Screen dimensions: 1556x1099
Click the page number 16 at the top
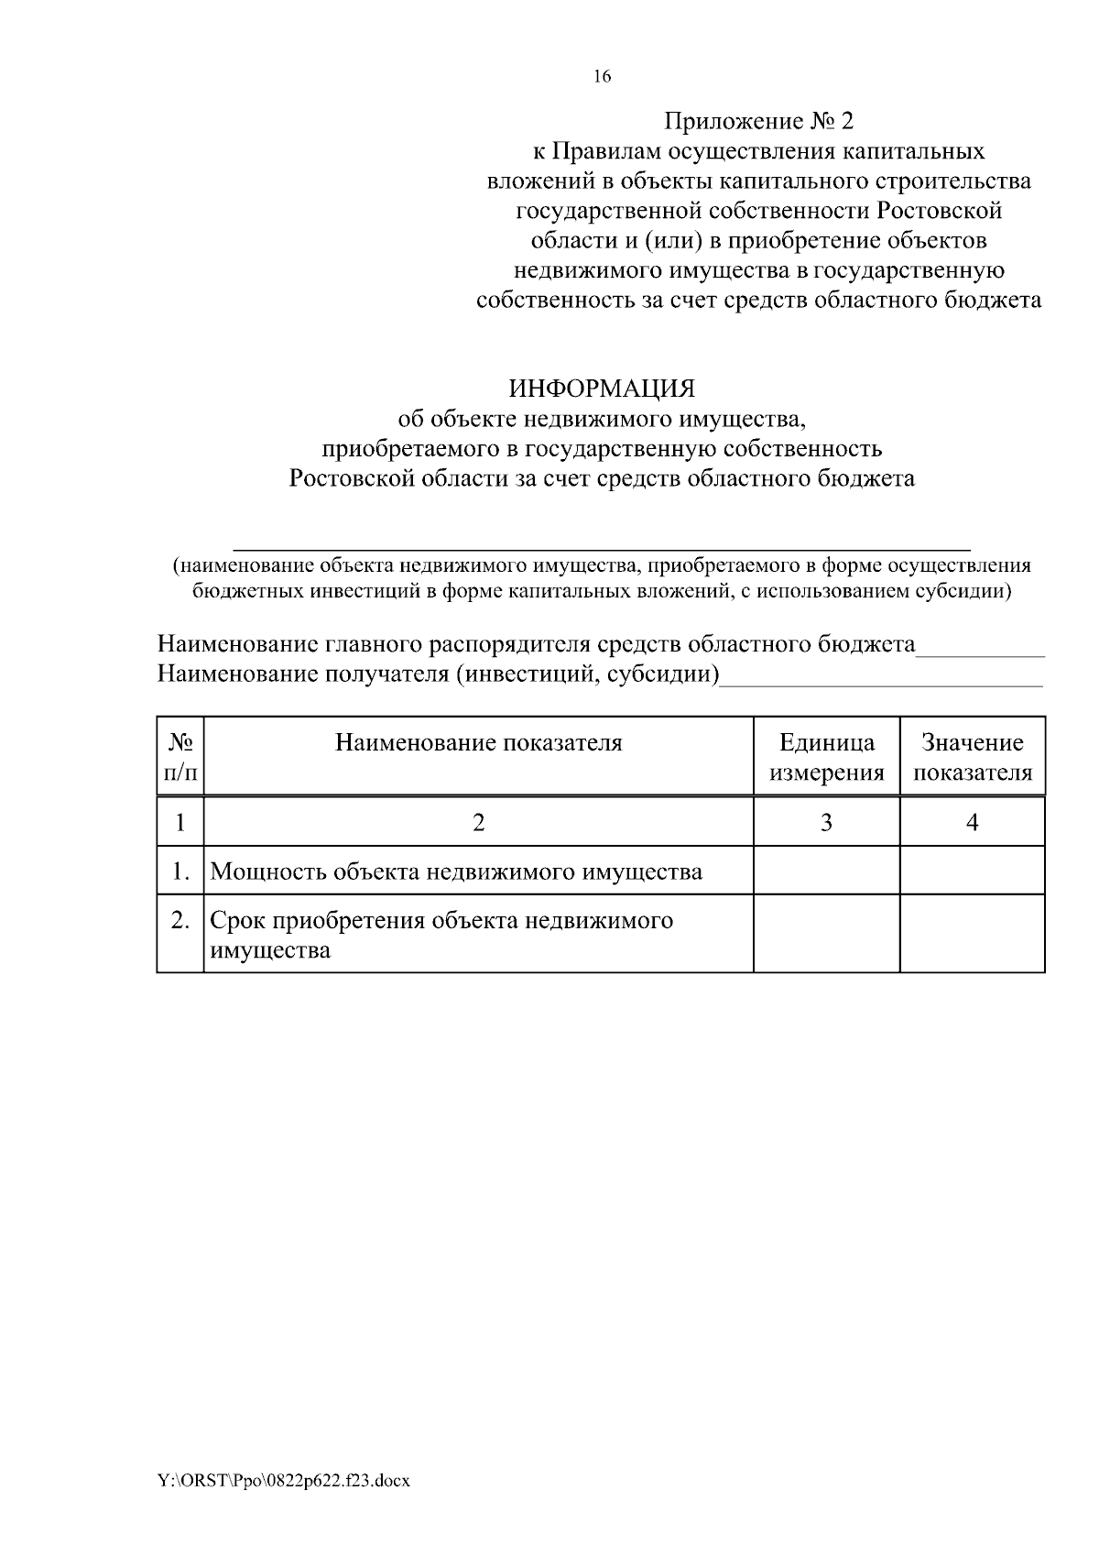click(602, 77)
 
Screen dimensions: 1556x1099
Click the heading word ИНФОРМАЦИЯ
click(602, 389)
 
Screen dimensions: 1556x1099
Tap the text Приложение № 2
click(758, 121)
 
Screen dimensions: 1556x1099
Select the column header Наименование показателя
click(478, 743)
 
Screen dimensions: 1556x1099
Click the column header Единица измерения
click(826, 757)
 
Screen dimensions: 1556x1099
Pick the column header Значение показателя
click(973, 757)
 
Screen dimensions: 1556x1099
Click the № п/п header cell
click(180, 757)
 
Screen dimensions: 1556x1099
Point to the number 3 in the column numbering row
click(826, 823)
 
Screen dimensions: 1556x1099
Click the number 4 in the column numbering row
click(973, 823)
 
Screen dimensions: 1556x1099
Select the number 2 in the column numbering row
click(478, 823)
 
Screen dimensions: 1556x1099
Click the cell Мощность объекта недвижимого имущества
click(456, 871)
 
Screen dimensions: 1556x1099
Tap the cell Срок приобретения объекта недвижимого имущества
click(441, 935)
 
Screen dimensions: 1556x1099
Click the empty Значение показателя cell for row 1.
click(973, 871)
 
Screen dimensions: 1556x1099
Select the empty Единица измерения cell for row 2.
click(826, 934)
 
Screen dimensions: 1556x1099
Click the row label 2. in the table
click(180, 920)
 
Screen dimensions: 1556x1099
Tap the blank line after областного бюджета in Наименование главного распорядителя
click(980, 652)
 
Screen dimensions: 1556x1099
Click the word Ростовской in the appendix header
click(940, 211)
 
